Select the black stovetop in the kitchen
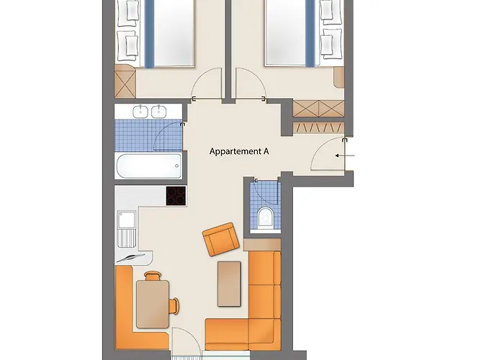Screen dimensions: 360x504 pyautogui.click(x=176, y=196)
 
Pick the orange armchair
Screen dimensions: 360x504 pyautogui.click(x=220, y=240)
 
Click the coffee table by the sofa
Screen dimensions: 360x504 pyautogui.click(x=229, y=283)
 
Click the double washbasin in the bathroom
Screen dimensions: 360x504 pyautogui.click(x=150, y=112)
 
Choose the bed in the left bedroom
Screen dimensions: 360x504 pyautogui.click(x=165, y=32)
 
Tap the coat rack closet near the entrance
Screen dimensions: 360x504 pyautogui.click(x=318, y=127)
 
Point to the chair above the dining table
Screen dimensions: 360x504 pyautogui.click(x=153, y=275)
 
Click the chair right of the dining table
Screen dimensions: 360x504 pyautogui.click(x=174, y=305)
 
